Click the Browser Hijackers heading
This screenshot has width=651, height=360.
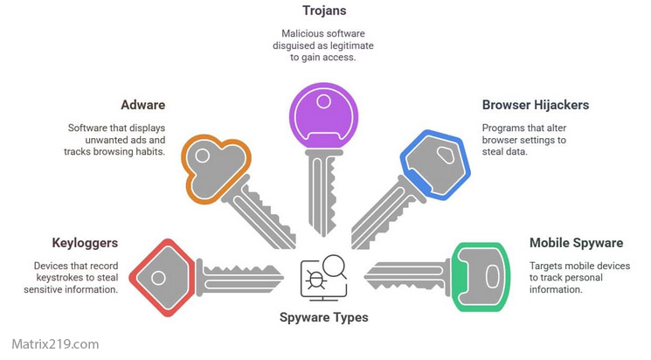pyautogui.click(x=535, y=105)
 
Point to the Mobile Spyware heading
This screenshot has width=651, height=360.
pyautogui.click(x=578, y=242)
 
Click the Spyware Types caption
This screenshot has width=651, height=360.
pyautogui.click(x=323, y=317)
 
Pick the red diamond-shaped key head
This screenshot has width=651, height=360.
pyautogui.click(x=161, y=277)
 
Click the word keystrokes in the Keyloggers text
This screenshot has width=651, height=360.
pyautogui.click(x=59, y=278)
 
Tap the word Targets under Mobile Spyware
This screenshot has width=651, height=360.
pyautogui.click(x=551, y=265)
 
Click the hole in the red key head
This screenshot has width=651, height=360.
pyautogui.click(x=158, y=278)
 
